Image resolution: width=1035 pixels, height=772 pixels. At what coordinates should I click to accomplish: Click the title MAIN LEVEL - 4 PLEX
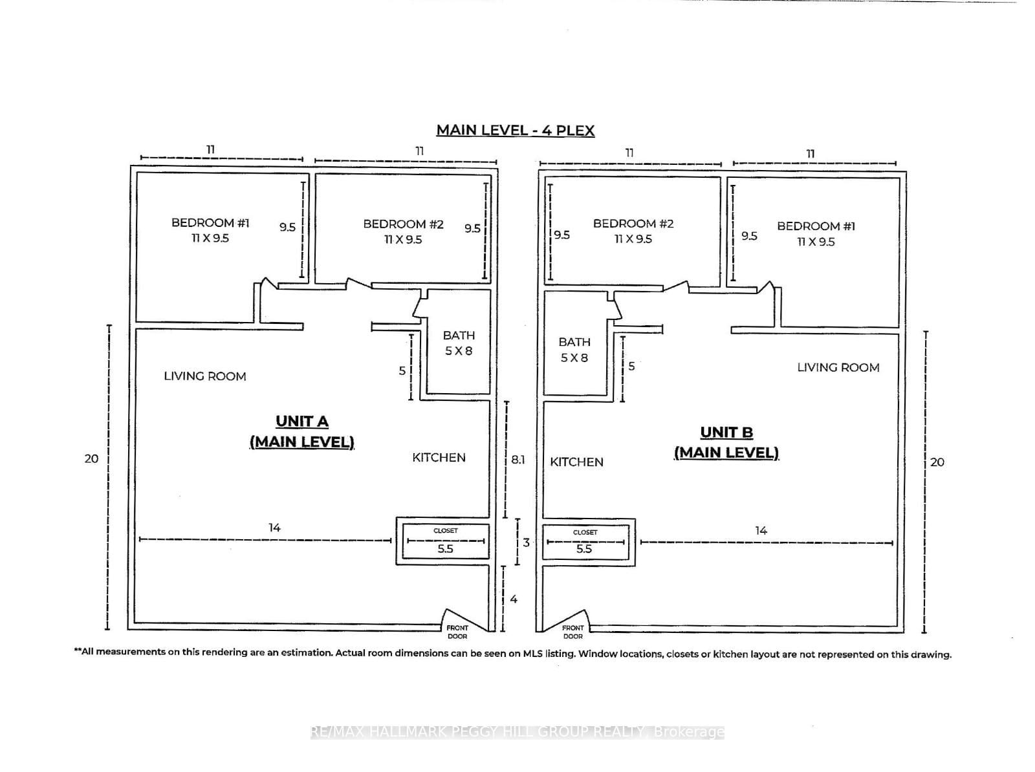515,130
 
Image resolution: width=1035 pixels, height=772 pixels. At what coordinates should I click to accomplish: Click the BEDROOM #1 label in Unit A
210,230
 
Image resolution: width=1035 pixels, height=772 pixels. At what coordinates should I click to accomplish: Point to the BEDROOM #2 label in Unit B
633,231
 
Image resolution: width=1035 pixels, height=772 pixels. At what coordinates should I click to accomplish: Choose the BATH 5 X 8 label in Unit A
459,343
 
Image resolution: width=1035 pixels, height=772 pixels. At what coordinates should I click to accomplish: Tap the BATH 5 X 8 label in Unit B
574,349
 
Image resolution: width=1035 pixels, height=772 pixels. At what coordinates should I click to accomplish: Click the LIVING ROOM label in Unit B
838,367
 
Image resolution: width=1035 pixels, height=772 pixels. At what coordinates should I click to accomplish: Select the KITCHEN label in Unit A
439,457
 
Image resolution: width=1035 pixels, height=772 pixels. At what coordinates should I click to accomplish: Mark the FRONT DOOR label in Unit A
457,632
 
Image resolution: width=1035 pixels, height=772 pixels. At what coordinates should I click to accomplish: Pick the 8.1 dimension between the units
517,460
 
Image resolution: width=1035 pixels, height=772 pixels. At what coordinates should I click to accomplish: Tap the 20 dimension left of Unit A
91,458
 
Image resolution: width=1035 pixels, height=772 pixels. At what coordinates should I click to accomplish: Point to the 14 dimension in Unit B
761,530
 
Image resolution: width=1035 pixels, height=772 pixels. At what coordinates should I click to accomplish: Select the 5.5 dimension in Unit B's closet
584,549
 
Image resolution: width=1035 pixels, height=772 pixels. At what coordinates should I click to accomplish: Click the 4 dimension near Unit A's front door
514,599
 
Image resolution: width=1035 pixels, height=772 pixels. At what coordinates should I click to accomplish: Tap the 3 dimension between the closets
526,542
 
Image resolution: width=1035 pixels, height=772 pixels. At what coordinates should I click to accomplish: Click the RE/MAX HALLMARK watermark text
517,732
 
